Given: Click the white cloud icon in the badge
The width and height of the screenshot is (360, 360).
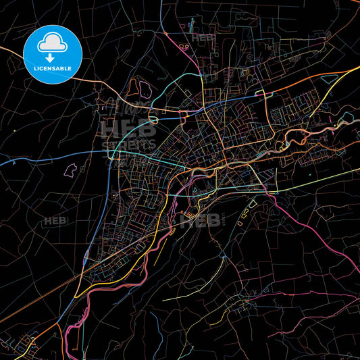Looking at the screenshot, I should tap(52, 44).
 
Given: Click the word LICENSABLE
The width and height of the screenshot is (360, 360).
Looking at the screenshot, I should tap(52, 70).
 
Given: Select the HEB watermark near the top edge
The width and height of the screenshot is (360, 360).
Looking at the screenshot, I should tap(203, 38).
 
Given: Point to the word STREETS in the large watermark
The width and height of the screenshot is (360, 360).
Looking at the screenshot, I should tap(128, 143).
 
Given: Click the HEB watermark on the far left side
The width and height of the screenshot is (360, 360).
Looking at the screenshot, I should tap(53, 221).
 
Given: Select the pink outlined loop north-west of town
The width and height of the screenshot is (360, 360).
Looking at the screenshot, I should tap(140, 86).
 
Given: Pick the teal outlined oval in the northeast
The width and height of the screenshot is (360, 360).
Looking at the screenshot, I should tap(330, 80).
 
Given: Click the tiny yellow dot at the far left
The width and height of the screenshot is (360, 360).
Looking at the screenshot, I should tap(14, 131).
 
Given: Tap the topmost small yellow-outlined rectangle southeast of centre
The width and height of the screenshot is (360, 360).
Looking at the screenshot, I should tap(253, 201).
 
